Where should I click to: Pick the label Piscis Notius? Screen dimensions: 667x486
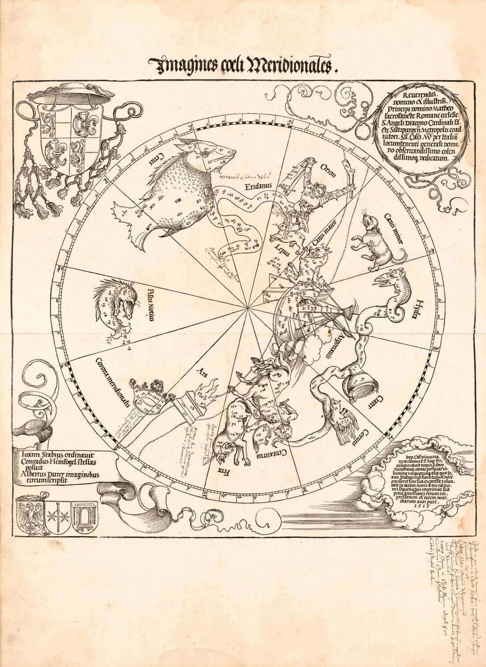tap(145, 304)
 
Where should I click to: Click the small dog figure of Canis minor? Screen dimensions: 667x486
tap(376, 243)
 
